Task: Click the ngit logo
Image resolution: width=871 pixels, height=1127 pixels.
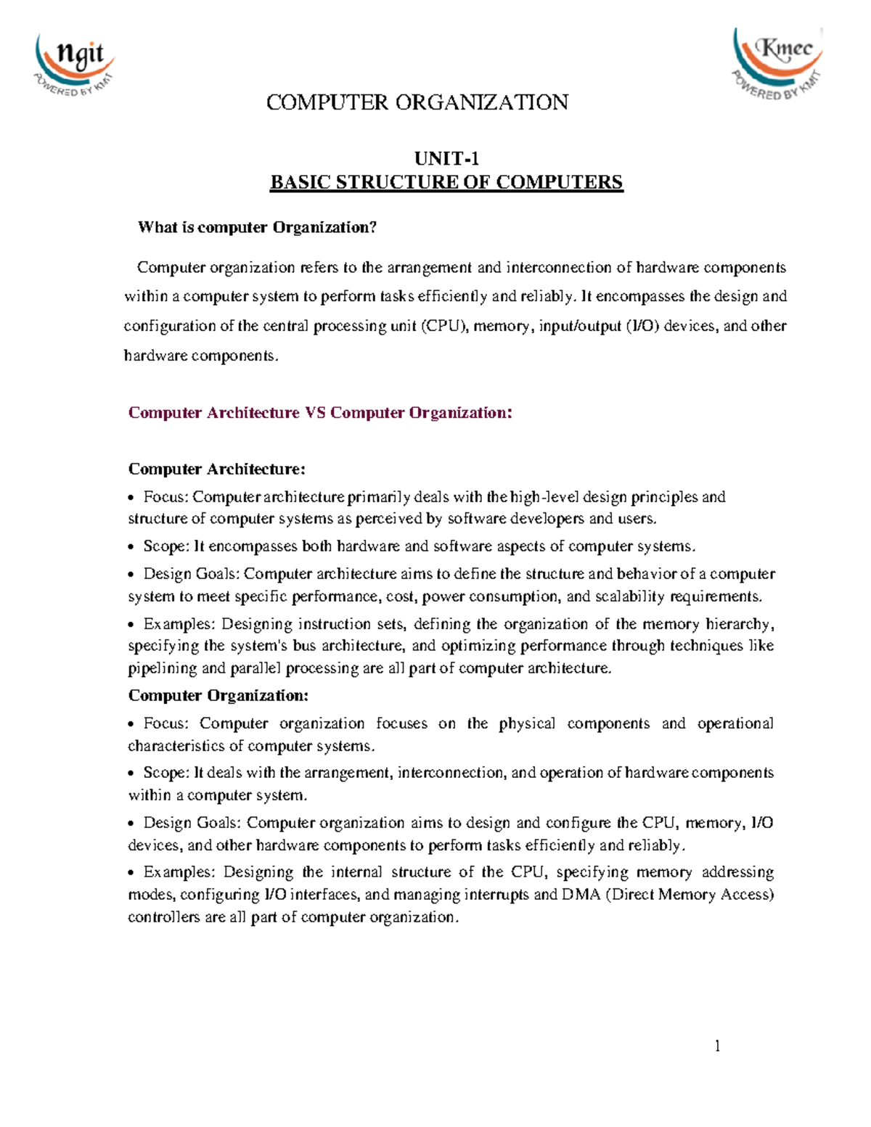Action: click(73, 65)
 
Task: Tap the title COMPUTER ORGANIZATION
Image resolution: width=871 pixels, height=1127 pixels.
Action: click(417, 102)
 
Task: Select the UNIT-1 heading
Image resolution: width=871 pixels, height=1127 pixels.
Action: click(446, 158)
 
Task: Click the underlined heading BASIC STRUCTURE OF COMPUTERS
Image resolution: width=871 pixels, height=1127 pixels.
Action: click(446, 182)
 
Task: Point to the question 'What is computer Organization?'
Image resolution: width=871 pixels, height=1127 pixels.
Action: click(258, 227)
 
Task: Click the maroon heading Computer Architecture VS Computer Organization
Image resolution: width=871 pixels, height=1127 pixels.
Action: click(320, 413)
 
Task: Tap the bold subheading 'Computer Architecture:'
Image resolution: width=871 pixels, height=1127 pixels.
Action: click(217, 469)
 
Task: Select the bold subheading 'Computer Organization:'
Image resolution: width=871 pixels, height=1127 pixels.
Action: click(218, 695)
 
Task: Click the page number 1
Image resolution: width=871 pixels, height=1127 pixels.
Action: click(717, 1046)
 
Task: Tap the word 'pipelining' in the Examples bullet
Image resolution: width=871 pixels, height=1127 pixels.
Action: click(163, 668)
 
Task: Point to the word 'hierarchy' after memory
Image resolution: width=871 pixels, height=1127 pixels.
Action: click(740, 624)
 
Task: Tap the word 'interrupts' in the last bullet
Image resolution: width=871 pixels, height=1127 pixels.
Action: click(496, 894)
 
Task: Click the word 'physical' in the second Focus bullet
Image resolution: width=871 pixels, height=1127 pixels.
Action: click(527, 724)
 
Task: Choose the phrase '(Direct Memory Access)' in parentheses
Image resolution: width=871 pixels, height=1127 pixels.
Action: click(690, 894)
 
